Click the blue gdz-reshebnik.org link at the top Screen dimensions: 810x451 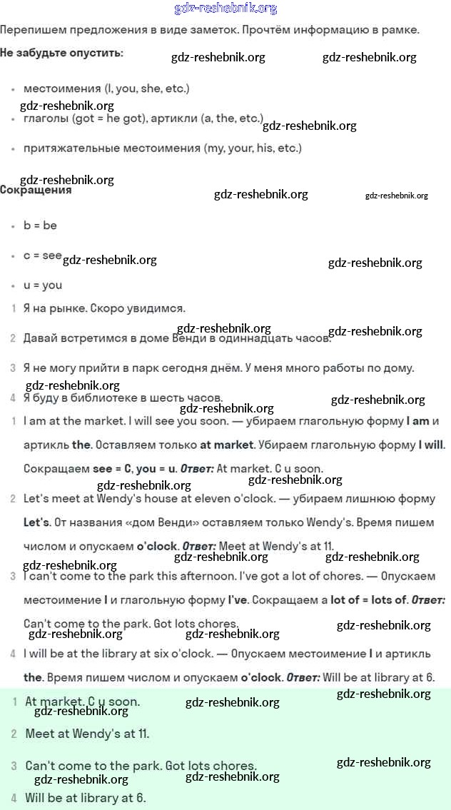pos(225,9)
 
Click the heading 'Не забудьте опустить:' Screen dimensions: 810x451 pos(61,53)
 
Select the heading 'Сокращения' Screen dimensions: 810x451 pos(36,191)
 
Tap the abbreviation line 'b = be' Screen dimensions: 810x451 pos(40,226)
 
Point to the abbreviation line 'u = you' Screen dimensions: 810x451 pos(43,285)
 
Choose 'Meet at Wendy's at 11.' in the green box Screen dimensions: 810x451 pos(87,734)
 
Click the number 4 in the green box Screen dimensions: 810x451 pos(14,798)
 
